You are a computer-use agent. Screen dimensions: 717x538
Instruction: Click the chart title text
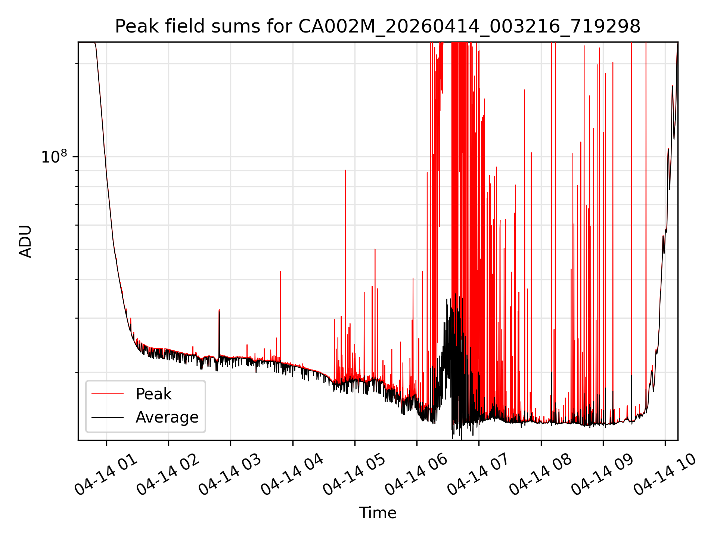click(378, 27)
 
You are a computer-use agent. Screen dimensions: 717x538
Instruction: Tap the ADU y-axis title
click(25, 241)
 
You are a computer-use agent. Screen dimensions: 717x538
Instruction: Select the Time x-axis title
click(378, 513)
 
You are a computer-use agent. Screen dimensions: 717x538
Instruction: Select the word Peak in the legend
click(153, 394)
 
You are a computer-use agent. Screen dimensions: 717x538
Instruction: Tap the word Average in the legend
click(167, 417)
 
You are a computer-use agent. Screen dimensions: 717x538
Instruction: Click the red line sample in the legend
click(108, 394)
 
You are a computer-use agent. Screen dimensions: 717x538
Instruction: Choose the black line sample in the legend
click(108, 417)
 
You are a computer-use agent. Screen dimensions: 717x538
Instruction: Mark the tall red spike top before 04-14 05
click(345, 170)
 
